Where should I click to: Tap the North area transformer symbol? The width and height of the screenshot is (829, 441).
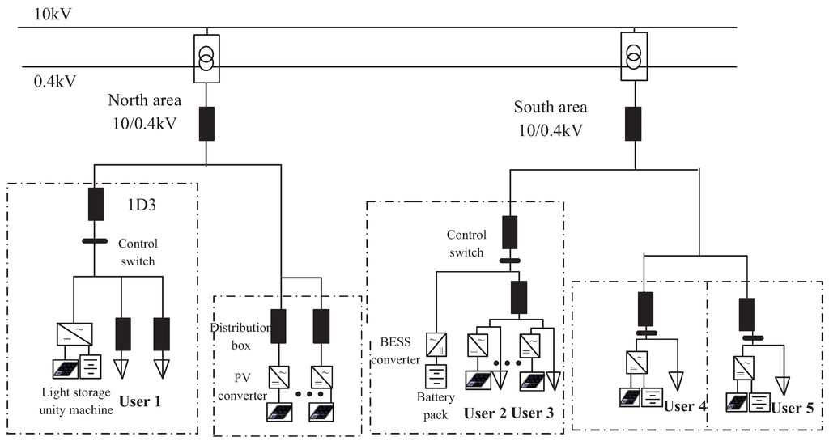pos(207,58)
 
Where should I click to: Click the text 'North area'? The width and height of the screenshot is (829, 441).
pos(145,100)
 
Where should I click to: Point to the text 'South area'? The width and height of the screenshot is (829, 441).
pos(551,107)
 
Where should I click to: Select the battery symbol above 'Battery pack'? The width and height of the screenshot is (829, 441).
pos(438,376)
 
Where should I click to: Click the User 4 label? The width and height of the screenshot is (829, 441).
pos(684,406)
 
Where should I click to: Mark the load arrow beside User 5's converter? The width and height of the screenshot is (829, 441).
pos(781,381)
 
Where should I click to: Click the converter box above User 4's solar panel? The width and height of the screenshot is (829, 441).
pos(636,361)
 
